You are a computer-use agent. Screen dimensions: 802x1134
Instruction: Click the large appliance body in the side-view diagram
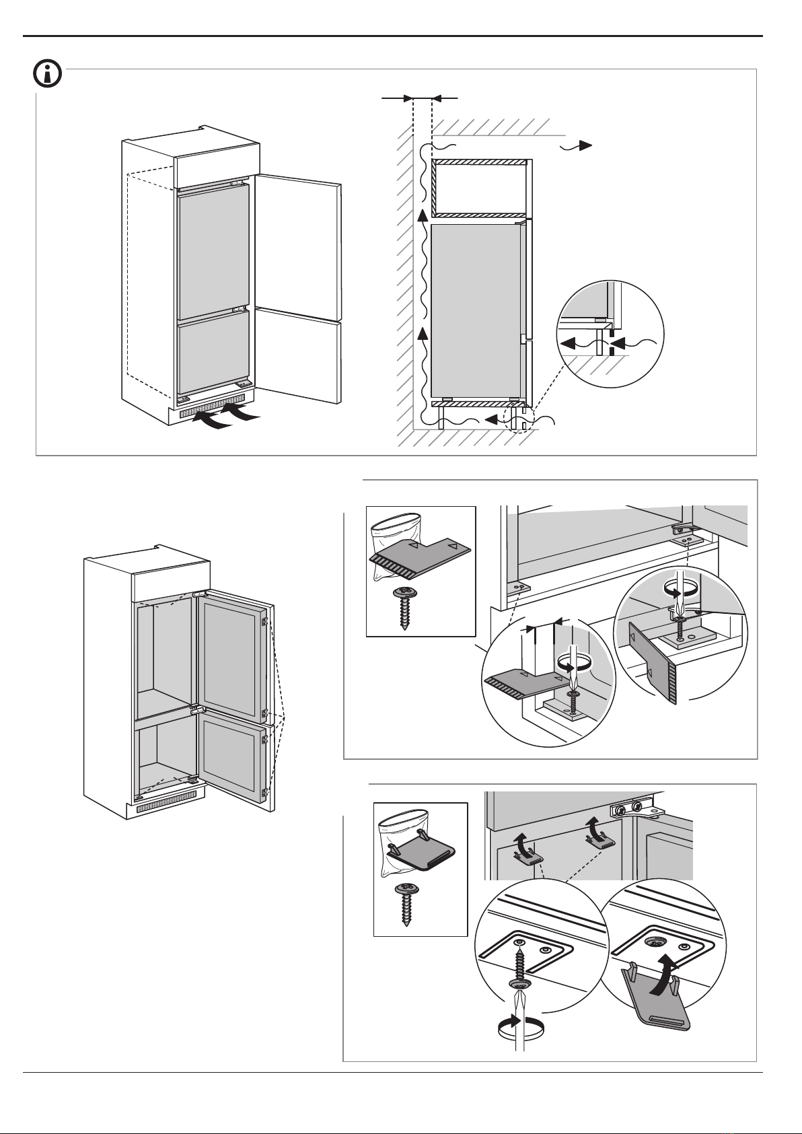tap(474, 310)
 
